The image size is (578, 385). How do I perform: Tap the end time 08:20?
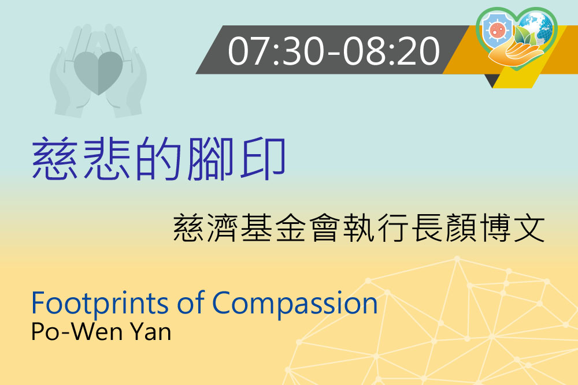(391, 51)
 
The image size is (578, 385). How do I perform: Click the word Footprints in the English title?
(100, 303)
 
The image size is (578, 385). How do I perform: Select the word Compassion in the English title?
(295, 303)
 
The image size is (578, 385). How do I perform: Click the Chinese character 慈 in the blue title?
(54, 158)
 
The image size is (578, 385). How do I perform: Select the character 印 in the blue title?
(263, 158)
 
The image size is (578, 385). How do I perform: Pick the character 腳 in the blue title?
(211, 158)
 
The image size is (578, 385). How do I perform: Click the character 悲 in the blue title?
(107, 158)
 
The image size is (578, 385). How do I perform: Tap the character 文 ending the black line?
(529, 228)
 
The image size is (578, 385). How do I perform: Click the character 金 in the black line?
(290, 228)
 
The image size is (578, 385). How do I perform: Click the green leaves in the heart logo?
(524, 37)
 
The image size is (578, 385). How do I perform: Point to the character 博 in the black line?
(495, 228)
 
